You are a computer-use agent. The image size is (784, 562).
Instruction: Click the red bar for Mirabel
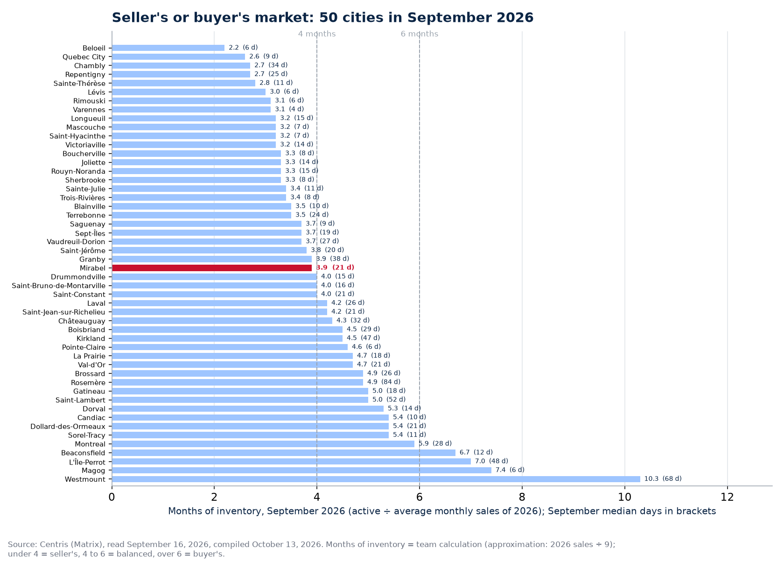click(x=212, y=268)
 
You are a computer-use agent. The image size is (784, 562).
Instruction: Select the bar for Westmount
click(x=376, y=479)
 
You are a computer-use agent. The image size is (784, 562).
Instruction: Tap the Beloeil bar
click(x=168, y=48)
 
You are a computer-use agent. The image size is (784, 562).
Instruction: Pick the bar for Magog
click(x=301, y=470)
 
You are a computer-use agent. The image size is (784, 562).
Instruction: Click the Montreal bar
click(x=263, y=444)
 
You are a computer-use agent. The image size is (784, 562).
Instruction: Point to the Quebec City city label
click(x=84, y=57)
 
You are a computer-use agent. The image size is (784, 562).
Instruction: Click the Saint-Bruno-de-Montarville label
click(x=58, y=286)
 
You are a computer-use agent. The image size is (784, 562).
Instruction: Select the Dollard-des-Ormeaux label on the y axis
click(x=68, y=427)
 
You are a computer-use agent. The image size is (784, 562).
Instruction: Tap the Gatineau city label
click(x=89, y=391)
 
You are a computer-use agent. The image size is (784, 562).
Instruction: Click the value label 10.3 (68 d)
click(x=663, y=478)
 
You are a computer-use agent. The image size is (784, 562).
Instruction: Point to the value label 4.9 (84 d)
click(x=384, y=382)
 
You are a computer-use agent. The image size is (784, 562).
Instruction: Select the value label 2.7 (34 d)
click(x=271, y=65)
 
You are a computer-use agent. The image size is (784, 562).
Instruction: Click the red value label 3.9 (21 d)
click(x=335, y=267)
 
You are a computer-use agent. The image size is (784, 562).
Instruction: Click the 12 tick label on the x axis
click(x=727, y=497)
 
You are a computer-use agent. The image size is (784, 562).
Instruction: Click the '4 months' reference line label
click(x=317, y=34)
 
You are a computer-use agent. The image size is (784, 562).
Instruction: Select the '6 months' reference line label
click(x=419, y=34)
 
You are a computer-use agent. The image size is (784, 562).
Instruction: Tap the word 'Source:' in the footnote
click(x=22, y=544)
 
